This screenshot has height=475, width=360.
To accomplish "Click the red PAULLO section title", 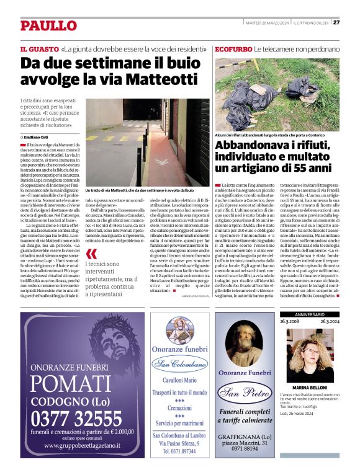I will coord(48,25).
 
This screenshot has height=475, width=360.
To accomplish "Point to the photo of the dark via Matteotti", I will coord(138,141).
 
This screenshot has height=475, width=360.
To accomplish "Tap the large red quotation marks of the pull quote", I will coord(91,254).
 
